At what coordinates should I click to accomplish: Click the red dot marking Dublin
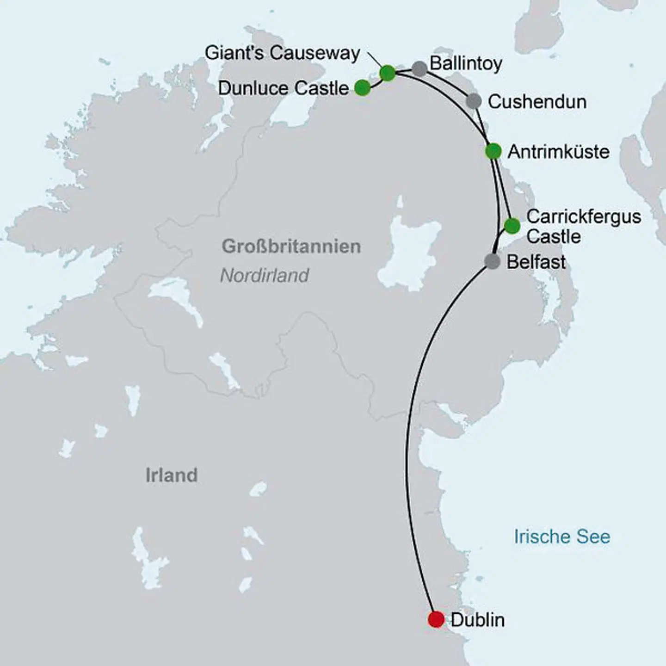click(x=436, y=619)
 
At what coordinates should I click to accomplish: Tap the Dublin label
click(x=477, y=620)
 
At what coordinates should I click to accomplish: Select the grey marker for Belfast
click(x=492, y=261)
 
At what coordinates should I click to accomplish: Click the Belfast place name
click(x=536, y=262)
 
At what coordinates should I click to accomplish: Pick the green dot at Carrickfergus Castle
click(x=512, y=226)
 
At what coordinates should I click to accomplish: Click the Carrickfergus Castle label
click(x=583, y=226)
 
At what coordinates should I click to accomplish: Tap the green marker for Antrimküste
click(x=493, y=151)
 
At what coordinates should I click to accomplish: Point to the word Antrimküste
click(x=558, y=152)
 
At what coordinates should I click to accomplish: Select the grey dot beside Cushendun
click(x=474, y=101)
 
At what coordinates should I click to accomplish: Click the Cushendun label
click(x=537, y=102)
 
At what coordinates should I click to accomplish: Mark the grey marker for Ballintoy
click(x=419, y=68)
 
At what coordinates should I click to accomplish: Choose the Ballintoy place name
click(x=466, y=63)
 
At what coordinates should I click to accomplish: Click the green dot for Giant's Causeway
click(x=388, y=73)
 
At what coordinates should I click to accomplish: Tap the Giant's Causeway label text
click(x=282, y=53)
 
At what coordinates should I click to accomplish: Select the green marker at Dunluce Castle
click(x=363, y=87)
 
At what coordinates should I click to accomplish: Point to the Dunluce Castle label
click(x=283, y=88)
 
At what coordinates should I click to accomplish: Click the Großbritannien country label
click(x=291, y=246)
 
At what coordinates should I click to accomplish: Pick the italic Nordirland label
click(x=264, y=276)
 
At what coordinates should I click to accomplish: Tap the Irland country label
click(x=172, y=475)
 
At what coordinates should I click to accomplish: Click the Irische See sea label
click(x=562, y=536)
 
